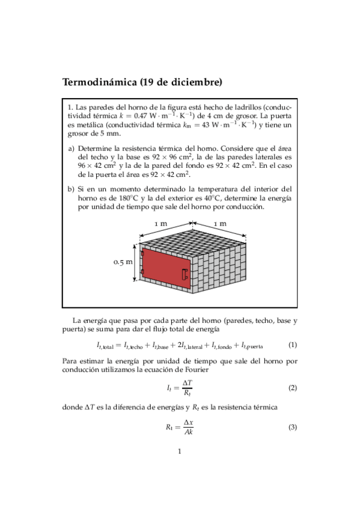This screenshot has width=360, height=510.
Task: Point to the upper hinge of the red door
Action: pos(142,253)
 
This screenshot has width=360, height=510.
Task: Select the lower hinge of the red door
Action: pos(142,274)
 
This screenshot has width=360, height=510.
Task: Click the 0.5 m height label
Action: pos(123,262)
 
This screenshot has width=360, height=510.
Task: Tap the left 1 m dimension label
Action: pos(160,224)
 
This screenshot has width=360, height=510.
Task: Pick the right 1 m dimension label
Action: pos(221,224)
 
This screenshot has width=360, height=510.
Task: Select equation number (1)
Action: pos(293,345)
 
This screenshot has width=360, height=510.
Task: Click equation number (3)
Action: pos(293,427)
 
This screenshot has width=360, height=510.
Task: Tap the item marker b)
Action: pos(71,189)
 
